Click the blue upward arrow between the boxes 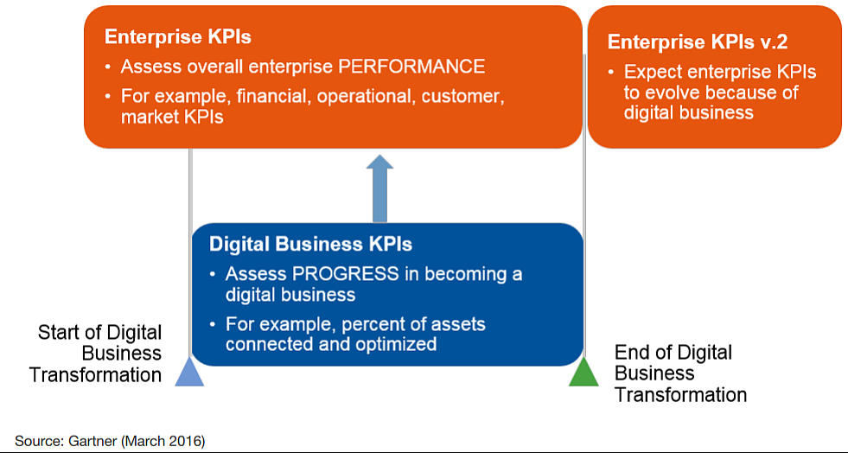[379, 188]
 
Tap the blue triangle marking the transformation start [189, 372]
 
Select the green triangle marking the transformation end [584, 372]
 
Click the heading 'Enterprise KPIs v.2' [698, 42]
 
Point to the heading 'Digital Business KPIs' [310, 245]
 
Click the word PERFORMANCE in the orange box [411, 67]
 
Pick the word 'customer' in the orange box [462, 97]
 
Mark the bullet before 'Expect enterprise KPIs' [611, 72]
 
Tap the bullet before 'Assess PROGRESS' [213, 274]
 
